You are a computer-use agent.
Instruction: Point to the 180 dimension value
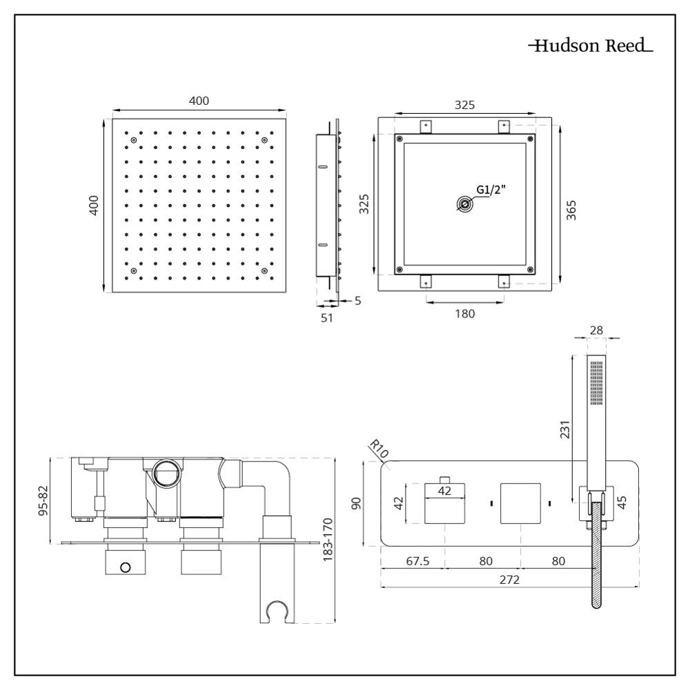tap(465, 313)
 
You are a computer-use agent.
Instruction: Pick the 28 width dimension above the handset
tap(595, 331)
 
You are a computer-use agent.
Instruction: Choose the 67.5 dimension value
tap(416, 561)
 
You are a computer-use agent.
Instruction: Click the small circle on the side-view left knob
tap(124, 567)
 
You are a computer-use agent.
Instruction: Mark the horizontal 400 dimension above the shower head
tap(199, 101)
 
